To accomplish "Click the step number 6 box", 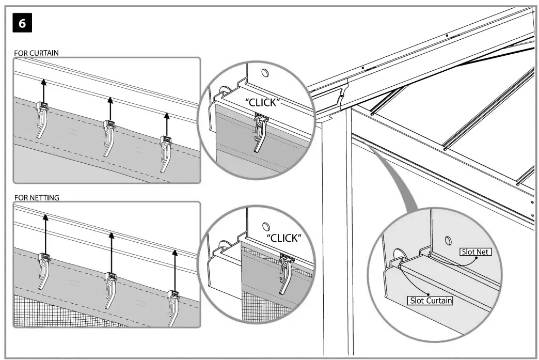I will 23,24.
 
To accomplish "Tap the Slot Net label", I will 475,252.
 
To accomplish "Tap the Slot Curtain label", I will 430,300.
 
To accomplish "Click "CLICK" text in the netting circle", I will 283,238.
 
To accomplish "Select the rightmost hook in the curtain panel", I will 166,152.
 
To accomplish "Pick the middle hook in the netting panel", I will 109,289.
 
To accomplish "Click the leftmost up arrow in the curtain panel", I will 43,90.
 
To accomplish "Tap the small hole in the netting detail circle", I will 266,226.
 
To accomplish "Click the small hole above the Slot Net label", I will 447,240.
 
